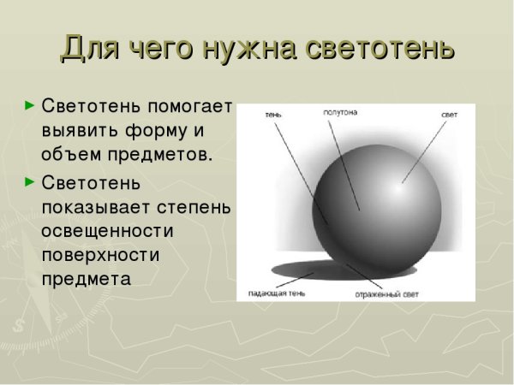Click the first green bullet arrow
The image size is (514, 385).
pos(30,107)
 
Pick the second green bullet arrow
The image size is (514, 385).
pos(30,181)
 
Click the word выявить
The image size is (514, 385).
pos(81,132)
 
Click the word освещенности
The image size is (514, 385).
pos(107,231)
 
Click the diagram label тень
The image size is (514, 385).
pos(273,115)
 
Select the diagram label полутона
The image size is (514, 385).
pos(340,112)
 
